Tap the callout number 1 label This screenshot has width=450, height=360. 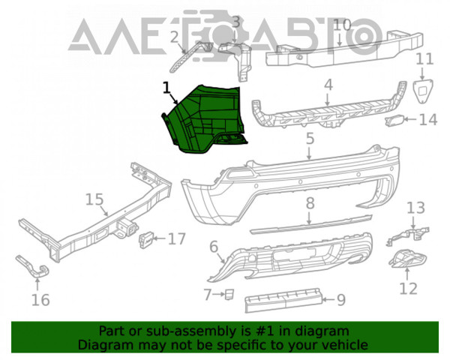[x=166, y=88]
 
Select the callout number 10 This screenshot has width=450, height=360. [x=343, y=25]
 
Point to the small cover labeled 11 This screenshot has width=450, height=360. [x=423, y=91]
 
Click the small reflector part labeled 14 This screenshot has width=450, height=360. [x=394, y=121]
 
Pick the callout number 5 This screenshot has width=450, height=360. [x=310, y=139]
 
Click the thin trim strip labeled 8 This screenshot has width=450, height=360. [x=310, y=225]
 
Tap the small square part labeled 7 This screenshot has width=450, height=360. [x=229, y=294]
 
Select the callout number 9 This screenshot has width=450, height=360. [x=341, y=300]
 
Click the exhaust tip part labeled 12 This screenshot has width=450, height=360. [x=407, y=258]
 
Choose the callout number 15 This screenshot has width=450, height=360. [x=94, y=199]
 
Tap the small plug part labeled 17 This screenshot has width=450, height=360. [x=146, y=238]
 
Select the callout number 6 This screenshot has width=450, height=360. [x=214, y=247]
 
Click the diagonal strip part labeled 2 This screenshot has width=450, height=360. [x=190, y=56]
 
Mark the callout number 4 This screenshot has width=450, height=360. [x=328, y=85]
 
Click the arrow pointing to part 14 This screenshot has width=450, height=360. [x=410, y=118]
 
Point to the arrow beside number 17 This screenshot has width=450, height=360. [x=160, y=238]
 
